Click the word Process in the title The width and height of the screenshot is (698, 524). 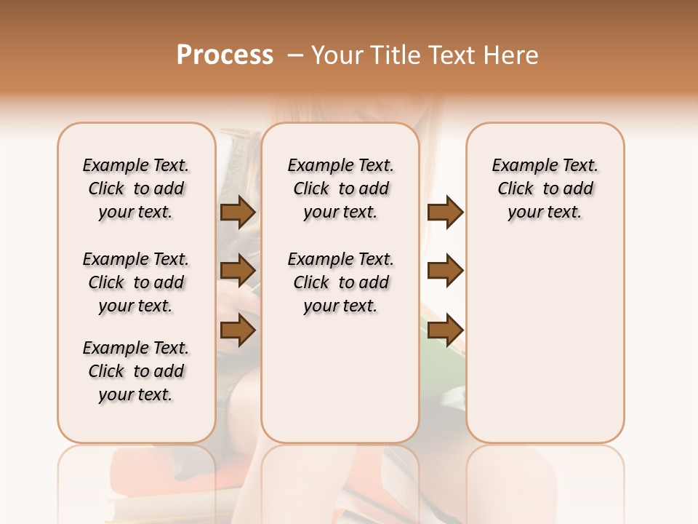[x=225, y=55]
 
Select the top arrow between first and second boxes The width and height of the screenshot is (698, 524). [x=238, y=213]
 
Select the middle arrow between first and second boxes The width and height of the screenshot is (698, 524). [x=238, y=271]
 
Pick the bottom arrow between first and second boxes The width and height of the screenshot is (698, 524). [x=238, y=330]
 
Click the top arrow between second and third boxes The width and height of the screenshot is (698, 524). [x=445, y=213]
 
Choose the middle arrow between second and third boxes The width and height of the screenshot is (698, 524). [x=445, y=271]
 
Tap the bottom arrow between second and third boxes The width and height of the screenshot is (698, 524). [x=445, y=330]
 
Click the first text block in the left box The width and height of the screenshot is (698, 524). [x=136, y=189]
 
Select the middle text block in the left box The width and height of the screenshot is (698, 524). [x=136, y=282]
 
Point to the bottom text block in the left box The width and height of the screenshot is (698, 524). [x=136, y=371]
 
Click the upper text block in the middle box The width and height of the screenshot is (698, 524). [x=341, y=189]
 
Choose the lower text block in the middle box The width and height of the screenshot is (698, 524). [x=341, y=282]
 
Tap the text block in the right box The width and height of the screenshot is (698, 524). [x=545, y=189]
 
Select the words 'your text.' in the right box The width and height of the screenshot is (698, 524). [x=545, y=213]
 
